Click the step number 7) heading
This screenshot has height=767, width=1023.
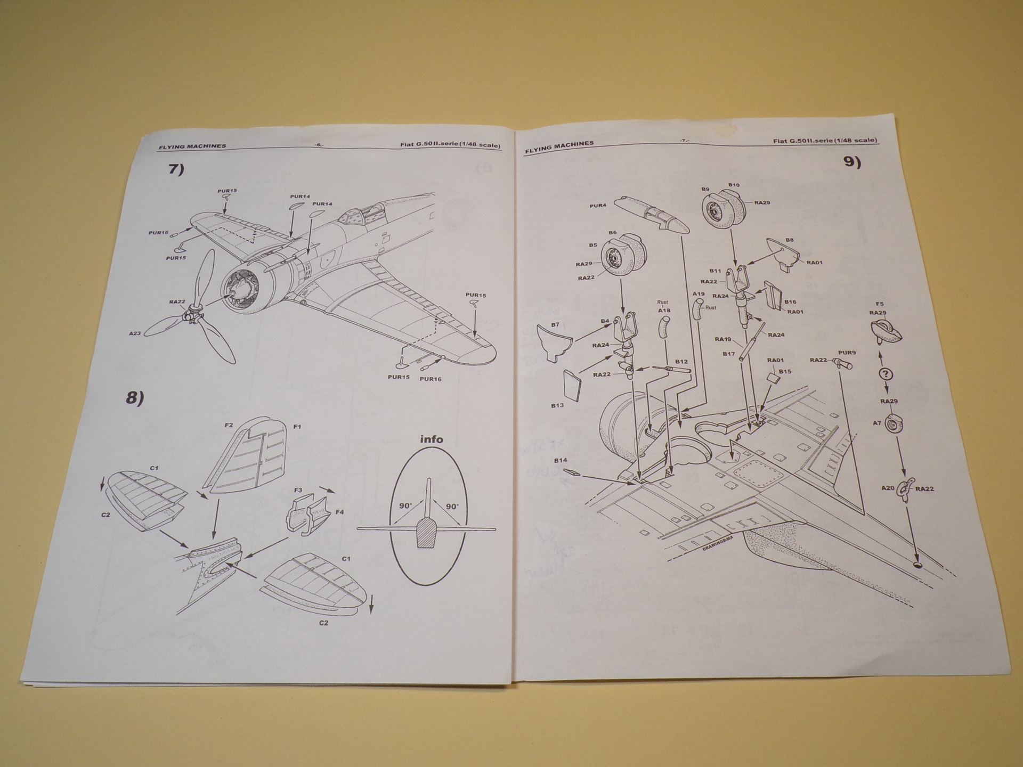coord(176,169)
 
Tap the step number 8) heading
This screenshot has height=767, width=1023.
coord(135,398)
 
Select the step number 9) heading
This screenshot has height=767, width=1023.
coord(852,162)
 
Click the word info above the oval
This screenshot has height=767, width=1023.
coord(432,439)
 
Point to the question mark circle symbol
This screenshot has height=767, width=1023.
coord(886,374)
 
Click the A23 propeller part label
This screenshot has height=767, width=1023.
coord(135,333)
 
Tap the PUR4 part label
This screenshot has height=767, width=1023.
coord(598,206)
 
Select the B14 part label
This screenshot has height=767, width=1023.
coord(561,460)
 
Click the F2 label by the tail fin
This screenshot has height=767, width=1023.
coord(229,425)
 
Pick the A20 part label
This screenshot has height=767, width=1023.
coord(888,488)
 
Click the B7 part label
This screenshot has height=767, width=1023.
coord(555,324)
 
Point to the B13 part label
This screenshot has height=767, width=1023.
coord(557,405)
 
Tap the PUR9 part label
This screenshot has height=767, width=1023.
coord(847,352)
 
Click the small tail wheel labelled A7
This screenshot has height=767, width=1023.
coord(895,425)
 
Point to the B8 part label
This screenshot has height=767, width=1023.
coord(790,240)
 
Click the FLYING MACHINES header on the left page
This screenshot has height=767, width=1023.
coord(192,146)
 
